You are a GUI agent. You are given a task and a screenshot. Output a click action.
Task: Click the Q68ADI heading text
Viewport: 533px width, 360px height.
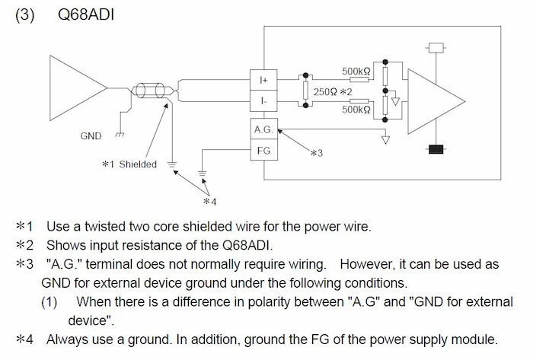(x=86, y=14)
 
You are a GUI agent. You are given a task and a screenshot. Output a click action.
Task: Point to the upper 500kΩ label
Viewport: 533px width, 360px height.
(x=356, y=72)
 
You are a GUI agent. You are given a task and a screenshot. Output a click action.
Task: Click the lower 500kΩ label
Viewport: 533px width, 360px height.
(x=356, y=110)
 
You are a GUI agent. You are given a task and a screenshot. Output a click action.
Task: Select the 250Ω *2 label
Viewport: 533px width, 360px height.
(x=334, y=91)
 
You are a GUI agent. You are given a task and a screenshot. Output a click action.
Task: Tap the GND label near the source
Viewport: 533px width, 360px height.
(x=91, y=136)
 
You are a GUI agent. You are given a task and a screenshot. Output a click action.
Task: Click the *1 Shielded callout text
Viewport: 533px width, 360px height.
(x=129, y=164)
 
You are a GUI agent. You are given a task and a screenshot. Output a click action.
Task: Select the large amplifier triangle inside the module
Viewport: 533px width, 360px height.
(x=435, y=99)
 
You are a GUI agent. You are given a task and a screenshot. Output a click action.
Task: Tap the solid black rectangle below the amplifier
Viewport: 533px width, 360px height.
(x=436, y=149)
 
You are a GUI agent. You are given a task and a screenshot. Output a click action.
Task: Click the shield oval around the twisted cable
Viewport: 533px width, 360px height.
(x=149, y=91)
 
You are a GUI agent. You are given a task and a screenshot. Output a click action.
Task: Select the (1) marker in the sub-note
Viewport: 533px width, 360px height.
(x=49, y=301)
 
